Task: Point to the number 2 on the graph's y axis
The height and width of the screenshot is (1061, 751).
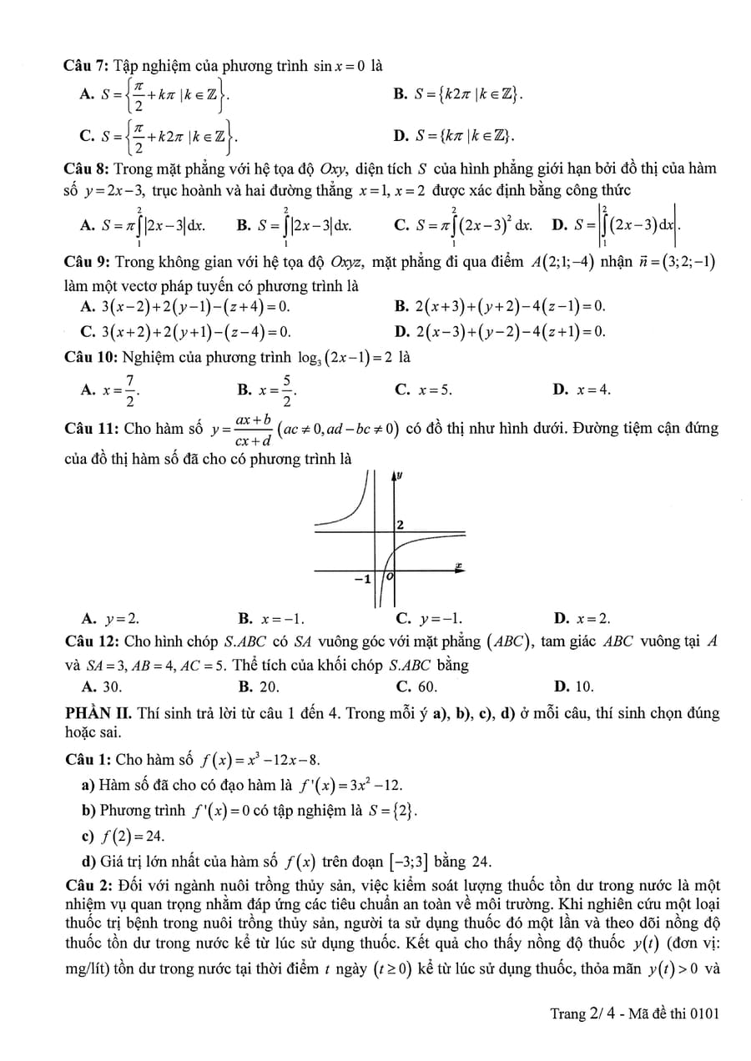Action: click(401, 525)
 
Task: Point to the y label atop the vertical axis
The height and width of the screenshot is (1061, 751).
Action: click(400, 475)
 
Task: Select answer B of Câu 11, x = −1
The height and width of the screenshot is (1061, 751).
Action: click(271, 619)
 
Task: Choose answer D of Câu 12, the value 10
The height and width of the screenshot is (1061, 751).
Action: click(575, 686)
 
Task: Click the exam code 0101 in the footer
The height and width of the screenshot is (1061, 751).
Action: click(703, 1013)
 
